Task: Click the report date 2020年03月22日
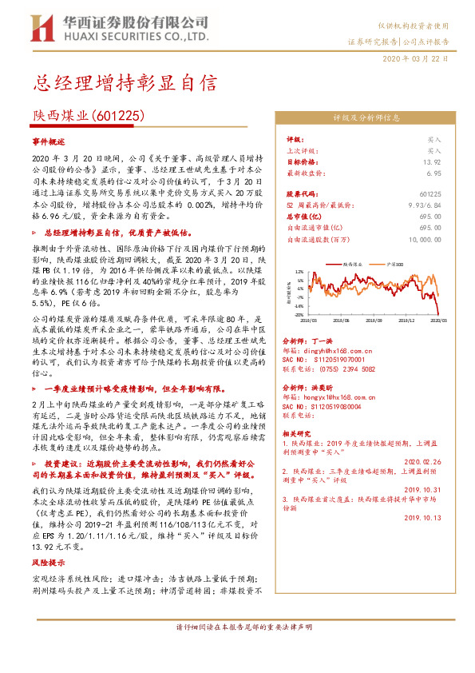point(415,59)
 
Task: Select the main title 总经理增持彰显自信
point(125,82)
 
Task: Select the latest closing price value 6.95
point(433,172)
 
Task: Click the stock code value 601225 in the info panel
point(429,193)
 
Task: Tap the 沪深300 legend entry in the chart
point(394,263)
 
